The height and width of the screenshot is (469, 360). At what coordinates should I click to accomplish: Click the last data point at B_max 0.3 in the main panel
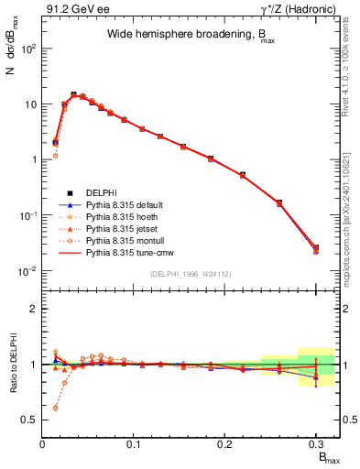(316, 248)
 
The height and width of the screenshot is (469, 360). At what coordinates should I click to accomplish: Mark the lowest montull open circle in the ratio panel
(55, 408)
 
